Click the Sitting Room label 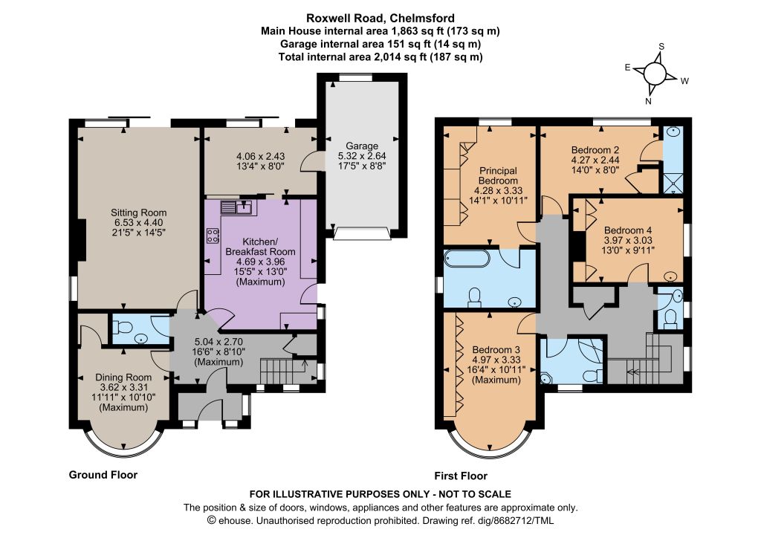138,213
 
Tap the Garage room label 362,146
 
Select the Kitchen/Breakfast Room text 260,247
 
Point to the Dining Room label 123,377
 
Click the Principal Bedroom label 498,175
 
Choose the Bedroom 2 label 595,150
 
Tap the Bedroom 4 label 627,230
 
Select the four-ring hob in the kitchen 213,236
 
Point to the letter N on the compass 648,101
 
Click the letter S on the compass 661,47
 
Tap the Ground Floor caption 103,474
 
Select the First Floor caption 461,476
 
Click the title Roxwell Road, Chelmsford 380,18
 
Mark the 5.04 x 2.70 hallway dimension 218,342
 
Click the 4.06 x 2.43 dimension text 260,156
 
